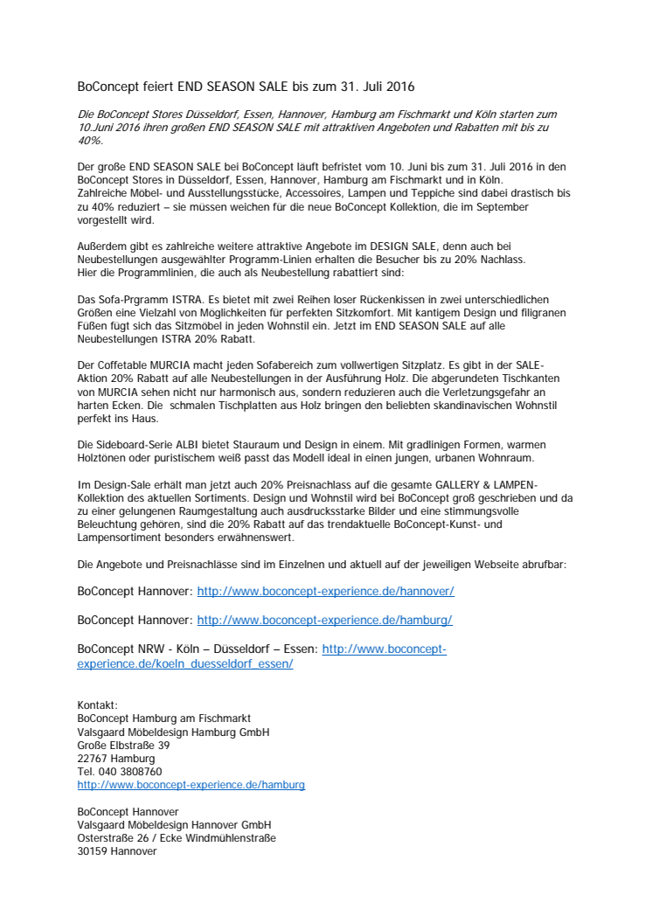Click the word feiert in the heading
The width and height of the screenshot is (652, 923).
[157, 87]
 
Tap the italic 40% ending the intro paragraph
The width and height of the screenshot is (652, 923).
[90, 140]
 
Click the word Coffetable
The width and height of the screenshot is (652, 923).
[125, 363]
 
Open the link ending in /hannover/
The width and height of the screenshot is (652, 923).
[325, 592]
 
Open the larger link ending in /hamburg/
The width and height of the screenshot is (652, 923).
[324, 621]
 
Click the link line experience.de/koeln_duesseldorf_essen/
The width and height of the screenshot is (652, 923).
[185, 663]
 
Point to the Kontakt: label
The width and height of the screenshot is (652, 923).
[97, 705]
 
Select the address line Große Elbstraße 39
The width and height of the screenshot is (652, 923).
[123, 746]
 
